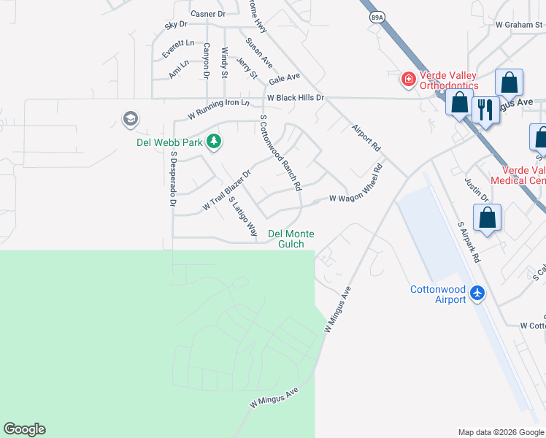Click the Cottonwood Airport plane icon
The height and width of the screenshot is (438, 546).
(x=477, y=293)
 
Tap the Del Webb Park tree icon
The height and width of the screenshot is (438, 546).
(x=214, y=141)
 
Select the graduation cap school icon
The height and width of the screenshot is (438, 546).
(x=130, y=118)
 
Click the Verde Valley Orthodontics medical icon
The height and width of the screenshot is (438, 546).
(x=407, y=79)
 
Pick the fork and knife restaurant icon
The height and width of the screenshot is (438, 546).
(x=485, y=109)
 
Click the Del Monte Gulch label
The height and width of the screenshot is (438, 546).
(x=291, y=239)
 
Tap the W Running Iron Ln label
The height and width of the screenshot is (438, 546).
(x=218, y=108)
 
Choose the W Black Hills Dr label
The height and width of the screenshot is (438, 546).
(x=294, y=97)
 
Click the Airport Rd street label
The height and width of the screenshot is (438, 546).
(x=366, y=137)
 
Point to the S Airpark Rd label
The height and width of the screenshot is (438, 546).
(x=468, y=243)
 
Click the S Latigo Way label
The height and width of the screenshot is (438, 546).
(x=243, y=216)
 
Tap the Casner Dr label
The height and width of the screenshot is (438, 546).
(x=208, y=14)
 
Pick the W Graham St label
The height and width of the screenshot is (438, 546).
(x=519, y=24)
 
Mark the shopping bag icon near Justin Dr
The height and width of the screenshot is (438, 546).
(x=487, y=218)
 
